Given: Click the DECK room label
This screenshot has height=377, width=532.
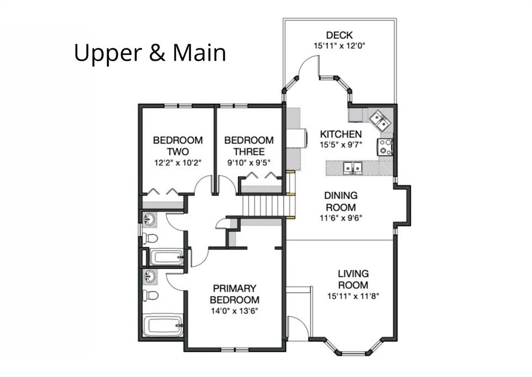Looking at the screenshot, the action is (339, 35).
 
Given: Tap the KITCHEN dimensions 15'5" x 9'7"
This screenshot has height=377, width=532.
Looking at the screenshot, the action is (341, 145).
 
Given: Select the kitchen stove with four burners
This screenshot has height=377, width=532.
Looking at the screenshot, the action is (385, 147).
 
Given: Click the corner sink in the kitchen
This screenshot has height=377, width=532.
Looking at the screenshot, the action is (380, 120).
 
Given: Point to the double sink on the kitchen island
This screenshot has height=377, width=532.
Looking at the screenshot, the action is (353, 168).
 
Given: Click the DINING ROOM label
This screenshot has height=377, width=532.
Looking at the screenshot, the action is (341, 201).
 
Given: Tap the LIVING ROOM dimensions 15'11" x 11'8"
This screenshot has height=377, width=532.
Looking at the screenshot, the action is (353, 297).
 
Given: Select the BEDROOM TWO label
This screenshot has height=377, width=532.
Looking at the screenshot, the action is (178, 146).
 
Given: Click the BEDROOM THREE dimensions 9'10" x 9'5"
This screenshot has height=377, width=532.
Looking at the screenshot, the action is (249, 163).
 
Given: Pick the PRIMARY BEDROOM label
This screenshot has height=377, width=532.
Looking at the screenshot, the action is (234, 294).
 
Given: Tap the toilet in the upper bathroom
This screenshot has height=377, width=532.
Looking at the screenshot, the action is (150, 238).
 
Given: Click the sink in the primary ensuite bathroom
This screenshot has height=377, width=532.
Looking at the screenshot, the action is (150, 276).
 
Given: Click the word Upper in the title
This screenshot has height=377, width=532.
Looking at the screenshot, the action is (108, 53).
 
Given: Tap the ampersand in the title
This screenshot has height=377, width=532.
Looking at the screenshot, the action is (157, 52).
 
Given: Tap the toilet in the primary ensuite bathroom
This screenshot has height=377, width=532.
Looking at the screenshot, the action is (150, 295).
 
